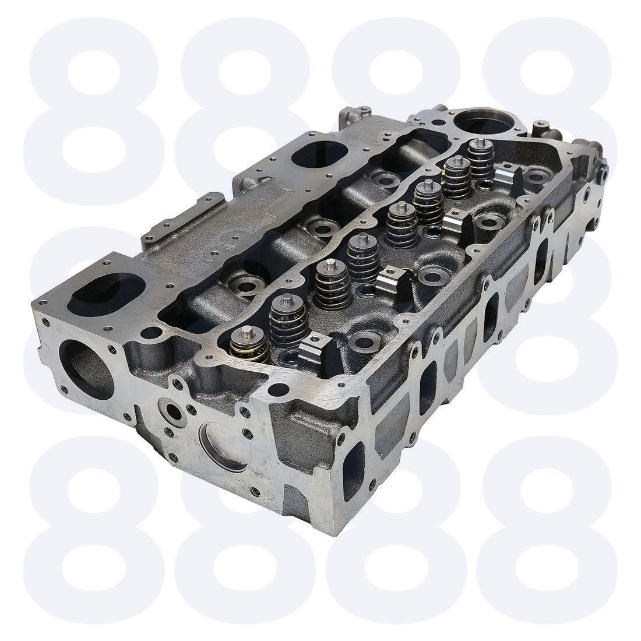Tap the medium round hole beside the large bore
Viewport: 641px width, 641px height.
click(438, 122)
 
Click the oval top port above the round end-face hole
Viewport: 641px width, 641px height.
click(106, 293)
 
